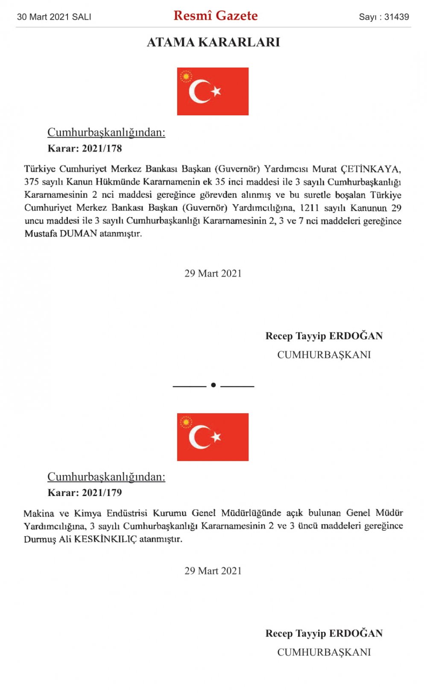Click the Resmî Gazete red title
[x=216, y=16]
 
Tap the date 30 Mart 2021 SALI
[x=54, y=17]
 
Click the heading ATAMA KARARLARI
[x=213, y=42]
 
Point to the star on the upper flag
[x=216, y=91]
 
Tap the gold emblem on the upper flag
[x=186, y=76]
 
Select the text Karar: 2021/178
[x=85, y=149]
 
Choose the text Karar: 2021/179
[x=85, y=493]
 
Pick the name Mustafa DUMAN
[x=61, y=234]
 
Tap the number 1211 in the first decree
[x=310, y=208]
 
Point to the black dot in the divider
[x=213, y=385]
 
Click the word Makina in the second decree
[x=39, y=513]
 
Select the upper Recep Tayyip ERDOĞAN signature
[x=324, y=336]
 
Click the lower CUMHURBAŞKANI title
[x=324, y=652]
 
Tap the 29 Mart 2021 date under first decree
[x=213, y=273]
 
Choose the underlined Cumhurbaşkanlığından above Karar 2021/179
[x=106, y=477]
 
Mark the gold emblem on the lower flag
[x=186, y=423]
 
